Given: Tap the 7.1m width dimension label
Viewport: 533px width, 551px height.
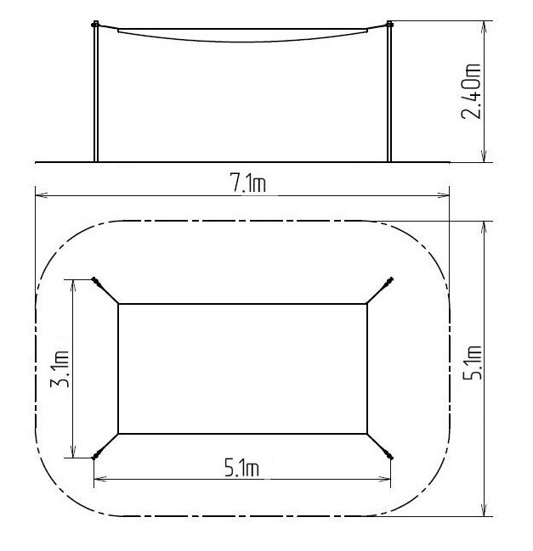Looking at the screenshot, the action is click(248, 183).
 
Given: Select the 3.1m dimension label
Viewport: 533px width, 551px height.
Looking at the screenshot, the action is click(60, 368).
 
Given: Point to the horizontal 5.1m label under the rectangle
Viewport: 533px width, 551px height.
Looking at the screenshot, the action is click(242, 468).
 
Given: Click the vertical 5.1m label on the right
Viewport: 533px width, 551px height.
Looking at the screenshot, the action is click(472, 363).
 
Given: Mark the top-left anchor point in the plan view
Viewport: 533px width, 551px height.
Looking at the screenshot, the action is click(94, 279).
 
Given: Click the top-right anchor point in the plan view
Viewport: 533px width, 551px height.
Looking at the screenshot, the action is click(391, 279).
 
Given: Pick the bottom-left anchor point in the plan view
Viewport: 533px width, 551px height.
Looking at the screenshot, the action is click(94, 458).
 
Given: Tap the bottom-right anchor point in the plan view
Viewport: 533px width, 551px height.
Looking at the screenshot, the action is click(390, 458).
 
